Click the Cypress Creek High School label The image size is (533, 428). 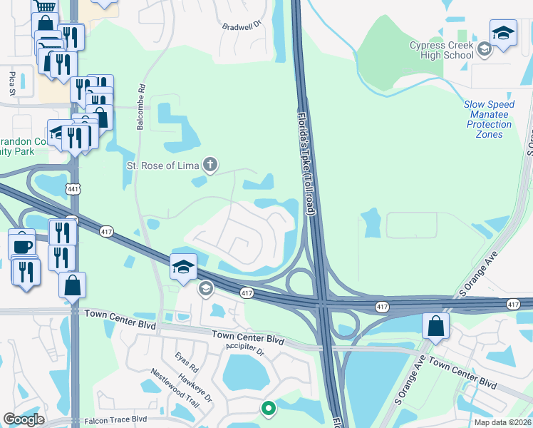pyautogui.click(x=441, y=50)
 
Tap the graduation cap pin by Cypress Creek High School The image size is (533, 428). pyautogui.click(x=503, y=33)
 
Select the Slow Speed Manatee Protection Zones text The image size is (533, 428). pyautogui.click(x=489, y=119)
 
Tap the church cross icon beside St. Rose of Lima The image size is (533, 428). pyautogui.click(x=209, y=165)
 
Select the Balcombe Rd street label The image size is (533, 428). pyautogui.click(x=142, y=108)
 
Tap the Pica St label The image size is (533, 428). pyautogui.click(x=12, y=82)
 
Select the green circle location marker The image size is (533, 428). pyautogui.click(x=268, y=409)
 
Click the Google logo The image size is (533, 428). pyautogui.click(x=24, y=419)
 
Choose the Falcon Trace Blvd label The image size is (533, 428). pyautogui.click(x=115, y=420)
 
